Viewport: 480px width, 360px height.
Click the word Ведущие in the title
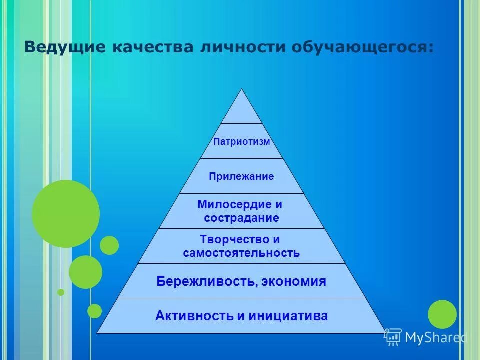[65, 48]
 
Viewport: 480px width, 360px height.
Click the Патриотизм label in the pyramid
[242, 141]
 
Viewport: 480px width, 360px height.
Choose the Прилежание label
[242, 176]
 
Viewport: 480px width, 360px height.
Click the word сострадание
[242, 218]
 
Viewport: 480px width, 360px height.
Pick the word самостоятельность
[242, 253]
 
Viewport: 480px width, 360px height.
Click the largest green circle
[66, 214]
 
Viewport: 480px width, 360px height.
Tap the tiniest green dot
[61, 292]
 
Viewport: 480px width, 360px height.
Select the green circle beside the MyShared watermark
[442, 314]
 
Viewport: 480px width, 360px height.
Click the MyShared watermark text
[435, 338]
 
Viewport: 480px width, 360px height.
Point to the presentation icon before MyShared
[393, 337]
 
